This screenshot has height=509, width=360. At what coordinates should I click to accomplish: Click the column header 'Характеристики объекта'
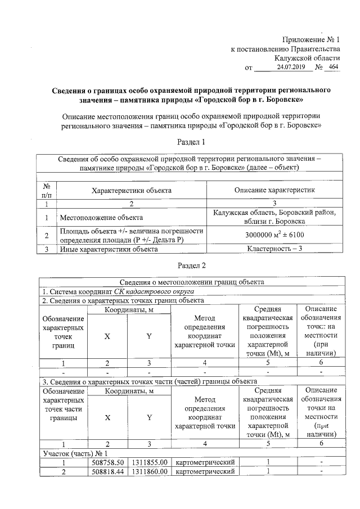click(132, 190)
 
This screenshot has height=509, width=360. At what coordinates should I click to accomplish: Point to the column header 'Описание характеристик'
click(275, 190)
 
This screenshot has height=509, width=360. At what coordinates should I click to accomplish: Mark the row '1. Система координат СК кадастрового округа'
click(118, 291)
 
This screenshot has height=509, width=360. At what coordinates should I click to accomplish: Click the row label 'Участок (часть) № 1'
click(75, 453)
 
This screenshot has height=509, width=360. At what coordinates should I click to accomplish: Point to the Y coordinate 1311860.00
click(150, 471)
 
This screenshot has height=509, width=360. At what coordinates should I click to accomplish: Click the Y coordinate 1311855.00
click(150, 462)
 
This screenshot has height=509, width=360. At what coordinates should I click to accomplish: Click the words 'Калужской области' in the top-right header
click(307, 58)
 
